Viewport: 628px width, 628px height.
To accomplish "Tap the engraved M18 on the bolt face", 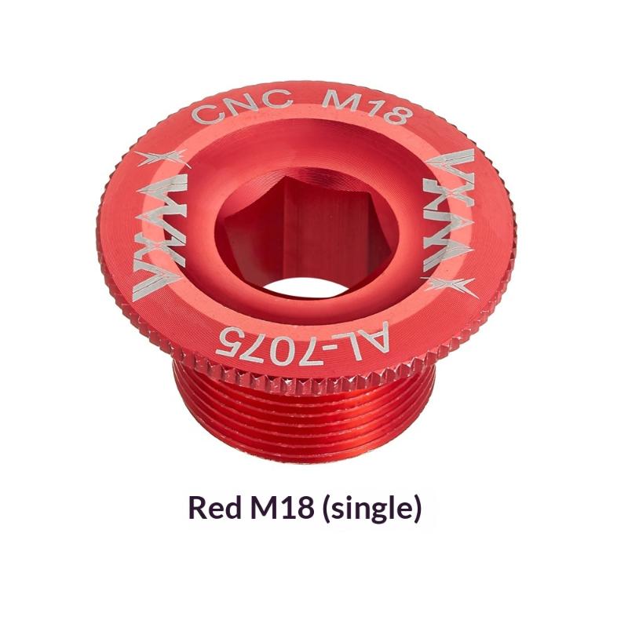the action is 367,106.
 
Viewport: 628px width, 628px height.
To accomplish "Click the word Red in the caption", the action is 215,506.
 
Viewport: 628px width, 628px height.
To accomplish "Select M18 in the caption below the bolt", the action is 282,506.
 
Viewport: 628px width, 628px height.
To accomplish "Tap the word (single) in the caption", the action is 371,508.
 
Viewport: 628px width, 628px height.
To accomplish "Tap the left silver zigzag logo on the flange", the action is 162,233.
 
